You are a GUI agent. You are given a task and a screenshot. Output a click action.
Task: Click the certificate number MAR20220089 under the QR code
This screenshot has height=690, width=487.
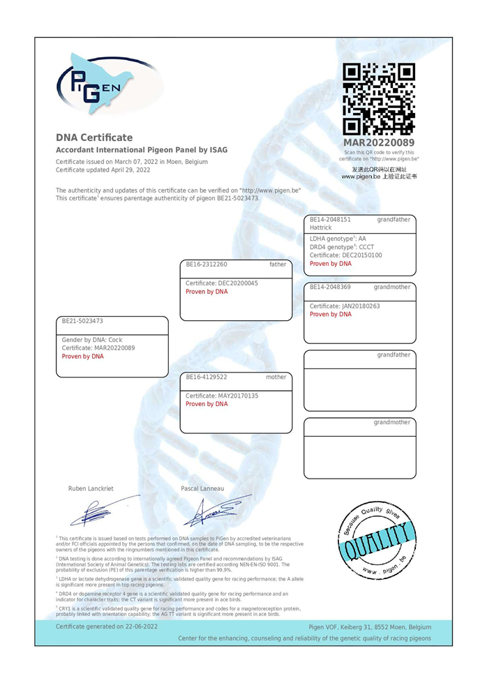(380, 143)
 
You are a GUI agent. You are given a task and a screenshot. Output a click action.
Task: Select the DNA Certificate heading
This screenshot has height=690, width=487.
(94, 137)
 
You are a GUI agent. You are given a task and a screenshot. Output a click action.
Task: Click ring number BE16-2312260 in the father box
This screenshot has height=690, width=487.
(207, 264)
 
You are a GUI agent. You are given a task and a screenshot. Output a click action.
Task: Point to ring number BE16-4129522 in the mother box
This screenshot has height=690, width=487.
(207, 377)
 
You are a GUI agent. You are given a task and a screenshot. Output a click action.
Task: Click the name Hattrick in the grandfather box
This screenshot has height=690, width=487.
(321, 227)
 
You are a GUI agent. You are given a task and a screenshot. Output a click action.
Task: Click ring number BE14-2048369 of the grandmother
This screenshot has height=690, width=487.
(330, 287)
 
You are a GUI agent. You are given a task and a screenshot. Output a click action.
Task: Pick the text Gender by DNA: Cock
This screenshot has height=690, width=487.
(92, 340)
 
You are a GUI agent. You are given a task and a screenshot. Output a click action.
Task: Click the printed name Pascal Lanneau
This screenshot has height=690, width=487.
(202, 488)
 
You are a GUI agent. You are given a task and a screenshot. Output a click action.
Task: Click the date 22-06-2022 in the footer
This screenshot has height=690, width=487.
(141, 627)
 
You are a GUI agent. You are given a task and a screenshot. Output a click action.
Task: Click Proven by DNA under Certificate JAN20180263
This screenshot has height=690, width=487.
(331, 315)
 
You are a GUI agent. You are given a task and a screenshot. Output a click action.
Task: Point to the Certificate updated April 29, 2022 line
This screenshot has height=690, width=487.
(103, 170)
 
